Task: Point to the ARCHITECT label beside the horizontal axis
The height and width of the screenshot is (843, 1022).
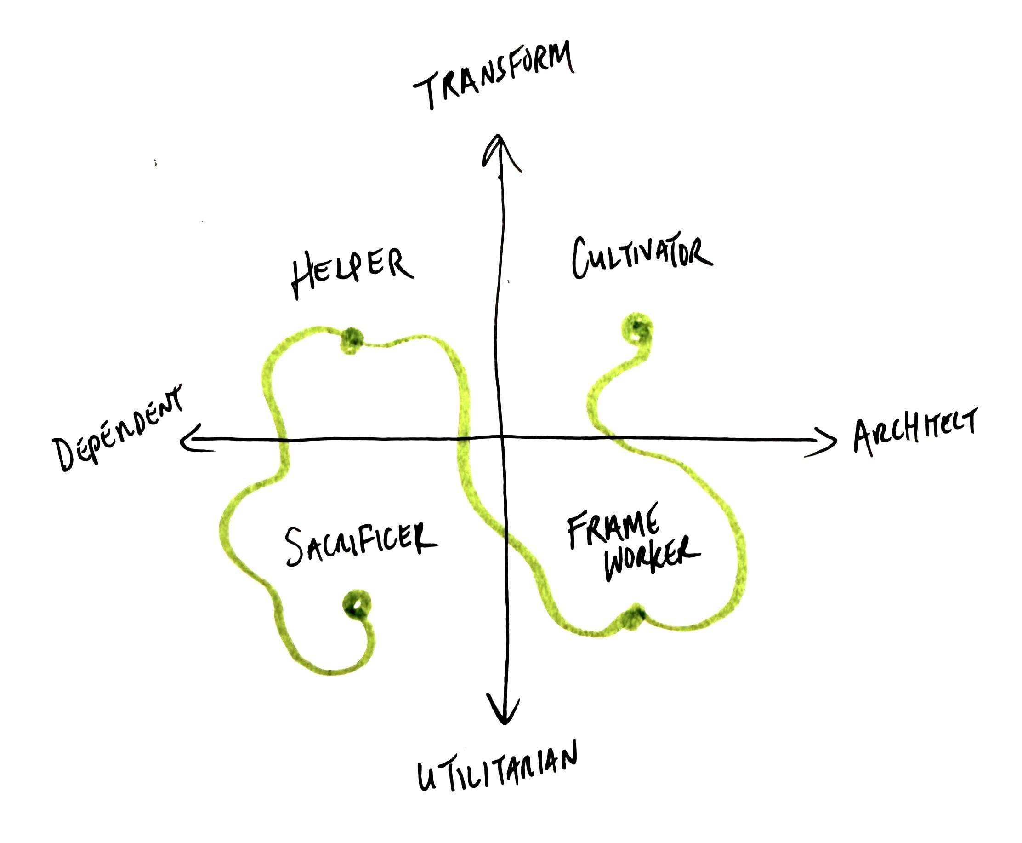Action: click(915, 432)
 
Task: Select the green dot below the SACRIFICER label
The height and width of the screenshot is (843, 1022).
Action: click(357, 605)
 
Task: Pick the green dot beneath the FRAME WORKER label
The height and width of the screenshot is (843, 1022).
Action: click(634, 617)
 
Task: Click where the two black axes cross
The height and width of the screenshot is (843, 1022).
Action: click(501, 437)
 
